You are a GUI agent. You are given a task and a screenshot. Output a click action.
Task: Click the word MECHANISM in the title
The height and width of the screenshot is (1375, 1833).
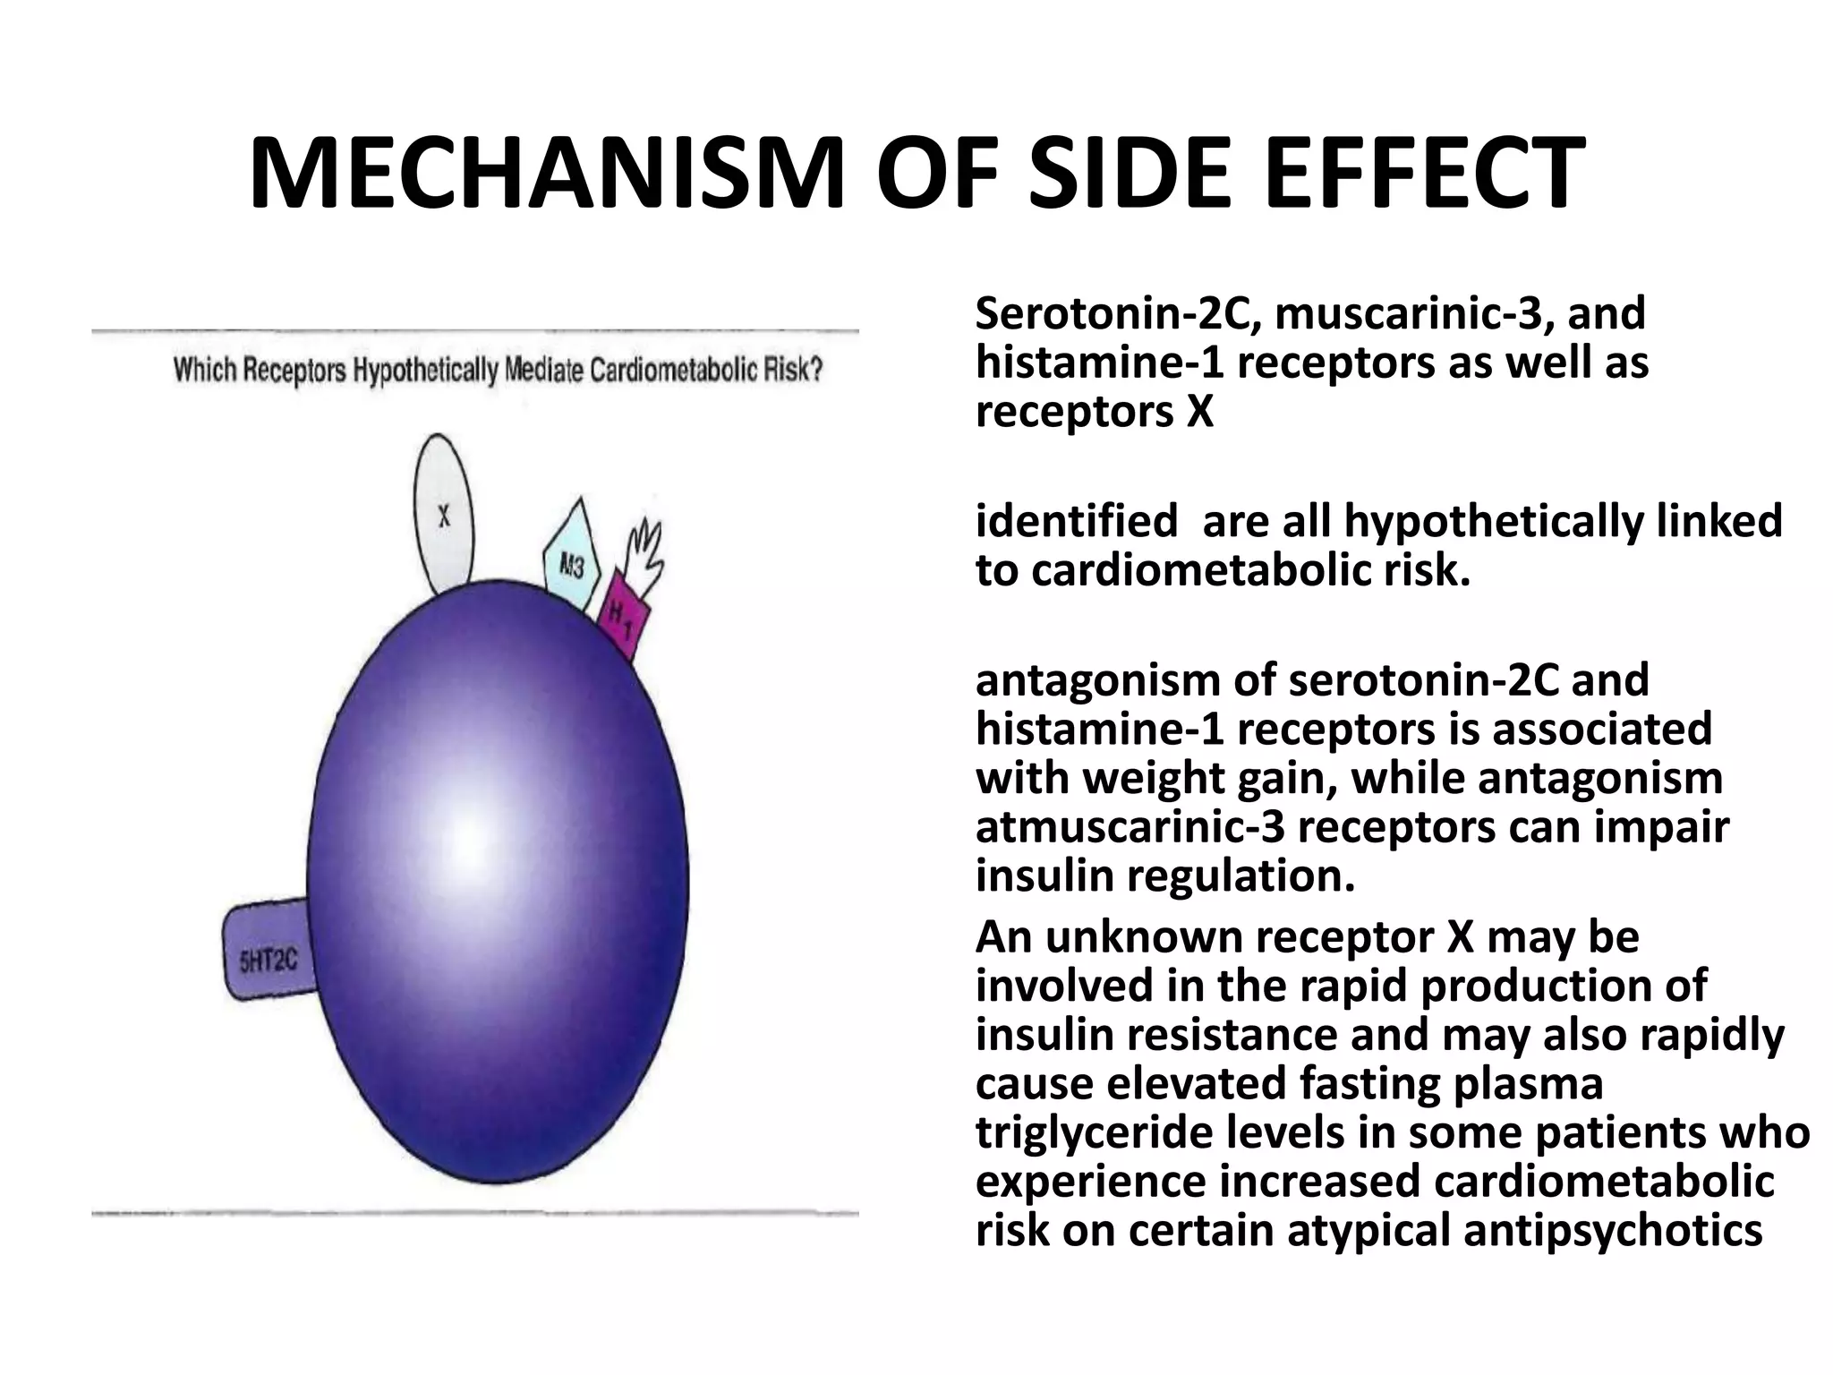point(547,175)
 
